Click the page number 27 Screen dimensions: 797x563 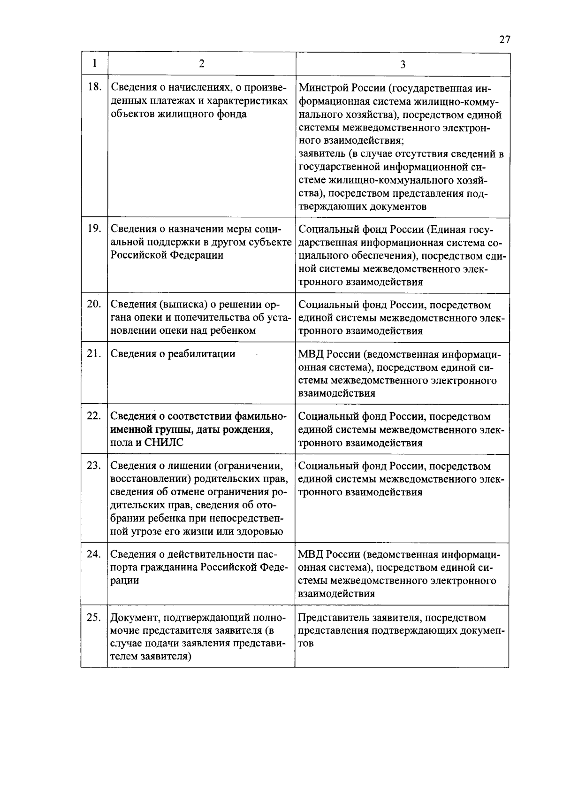tap(504, 39)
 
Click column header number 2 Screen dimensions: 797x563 tap(202, 63)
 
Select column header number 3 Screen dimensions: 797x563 tap(403, 64)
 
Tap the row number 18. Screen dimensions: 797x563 tap(94, 86)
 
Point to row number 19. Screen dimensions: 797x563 tap(94, 229)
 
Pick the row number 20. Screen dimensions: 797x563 tap(94, 304)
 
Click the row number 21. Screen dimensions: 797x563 tap(94, 353)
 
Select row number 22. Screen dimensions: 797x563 tap(94, 416)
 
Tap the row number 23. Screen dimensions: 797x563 tap(94, 465)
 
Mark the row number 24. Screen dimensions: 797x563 tap(94, 554)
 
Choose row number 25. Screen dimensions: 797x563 tap(94, 617)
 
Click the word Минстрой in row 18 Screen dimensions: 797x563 tap(321, 88)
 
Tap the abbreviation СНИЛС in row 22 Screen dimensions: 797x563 tap(164, 443)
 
